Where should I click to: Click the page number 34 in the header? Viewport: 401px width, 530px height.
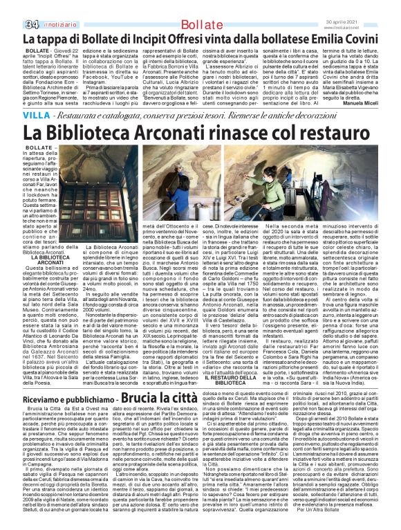click(12, 7)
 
